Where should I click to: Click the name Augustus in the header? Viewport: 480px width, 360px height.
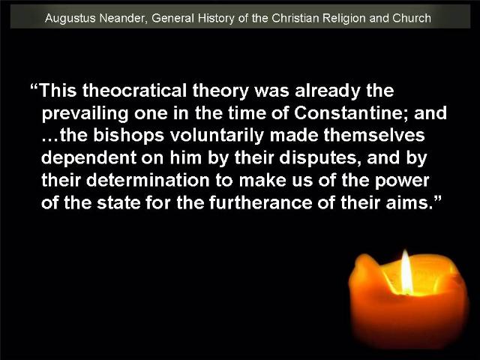tap(70, 18)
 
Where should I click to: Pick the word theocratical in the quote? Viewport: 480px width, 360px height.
tap(134, 91)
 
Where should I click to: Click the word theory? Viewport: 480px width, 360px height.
tap(220, 91)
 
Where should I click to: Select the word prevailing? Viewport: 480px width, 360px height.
tap(85, 114)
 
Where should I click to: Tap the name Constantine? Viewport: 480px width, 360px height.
tap(351, 113)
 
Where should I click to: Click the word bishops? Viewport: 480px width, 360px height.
tap(128, 136)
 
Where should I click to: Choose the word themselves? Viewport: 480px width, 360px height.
tap(374, 135)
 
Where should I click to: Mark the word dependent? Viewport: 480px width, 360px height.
tap(88, 159)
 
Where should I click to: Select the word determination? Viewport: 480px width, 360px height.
tap(148, 180)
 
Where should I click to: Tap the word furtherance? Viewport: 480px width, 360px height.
tap(260, 202)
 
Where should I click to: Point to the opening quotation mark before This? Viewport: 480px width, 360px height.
tap(34, 87)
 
